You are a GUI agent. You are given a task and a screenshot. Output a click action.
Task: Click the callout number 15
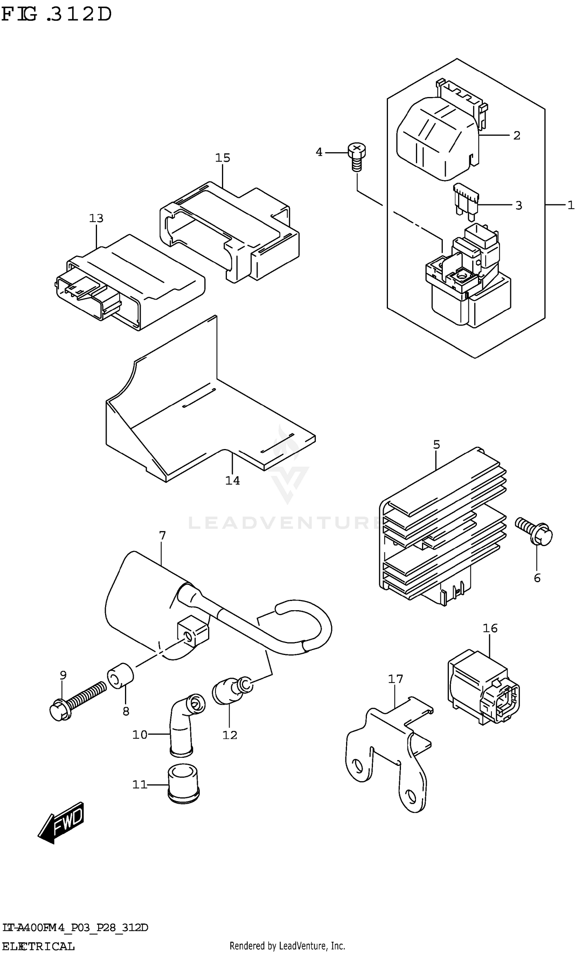(x=222, y=158)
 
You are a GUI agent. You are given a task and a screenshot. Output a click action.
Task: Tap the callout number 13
(x=96, y=219)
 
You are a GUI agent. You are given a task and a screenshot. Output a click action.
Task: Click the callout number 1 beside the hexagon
(x=571, y=206)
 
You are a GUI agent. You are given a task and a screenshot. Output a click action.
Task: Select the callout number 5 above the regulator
(x=436, y=445)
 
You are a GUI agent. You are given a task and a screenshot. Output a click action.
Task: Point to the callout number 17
(x=395, y=679)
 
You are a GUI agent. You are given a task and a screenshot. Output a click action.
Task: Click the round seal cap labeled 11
(x=183, y=785)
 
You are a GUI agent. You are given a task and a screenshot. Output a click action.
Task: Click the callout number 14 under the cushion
(x=232, y=481)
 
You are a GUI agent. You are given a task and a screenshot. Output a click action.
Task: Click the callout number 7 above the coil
(x=162, y=536)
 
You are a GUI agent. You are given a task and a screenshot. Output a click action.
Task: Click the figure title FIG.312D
(x=56, y=15)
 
